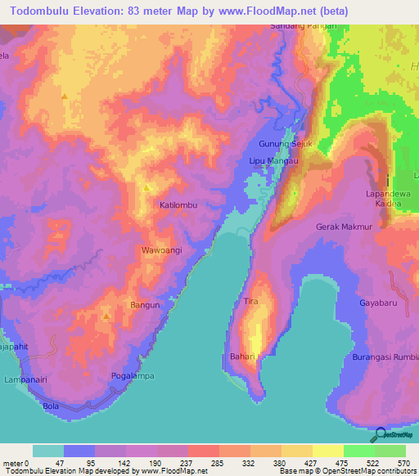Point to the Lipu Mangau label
(270, 162)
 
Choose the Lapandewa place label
(387, 195)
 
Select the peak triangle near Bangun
(106, 314)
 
